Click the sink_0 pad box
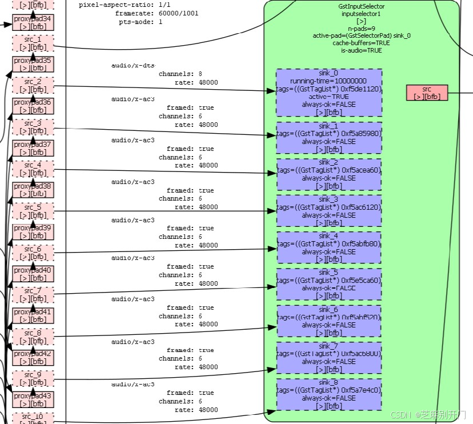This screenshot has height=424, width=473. [329, 93]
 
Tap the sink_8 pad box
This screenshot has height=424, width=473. [329, 394]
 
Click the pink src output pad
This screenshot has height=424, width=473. [427, 93]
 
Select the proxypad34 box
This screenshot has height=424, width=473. [33, 22]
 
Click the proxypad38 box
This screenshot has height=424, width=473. [33, 190]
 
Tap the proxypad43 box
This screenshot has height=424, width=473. [33, 399]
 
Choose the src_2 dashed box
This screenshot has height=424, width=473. [33, 85]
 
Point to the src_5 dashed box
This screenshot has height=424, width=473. [33, 211]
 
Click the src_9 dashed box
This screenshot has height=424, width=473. [33, 378]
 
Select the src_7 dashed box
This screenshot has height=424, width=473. [33, 295]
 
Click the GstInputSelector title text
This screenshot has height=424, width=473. [361, 6]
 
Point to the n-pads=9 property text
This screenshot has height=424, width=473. [361, 28]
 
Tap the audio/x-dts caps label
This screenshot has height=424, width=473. [133, 66]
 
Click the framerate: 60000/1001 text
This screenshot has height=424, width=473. [157, 13]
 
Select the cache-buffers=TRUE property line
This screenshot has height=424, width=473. [361, 43]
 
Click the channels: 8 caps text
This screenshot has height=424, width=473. [180, 74]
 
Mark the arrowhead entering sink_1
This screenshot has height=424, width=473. [273, 135]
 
